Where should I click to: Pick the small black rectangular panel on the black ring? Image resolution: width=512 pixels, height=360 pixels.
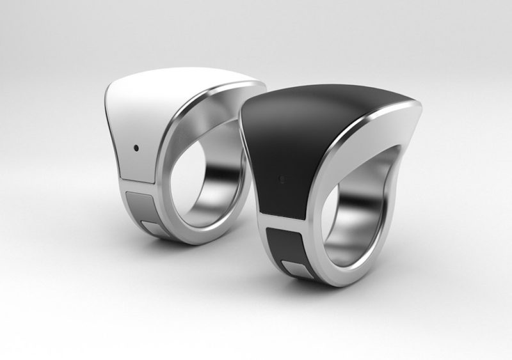(285, 247)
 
